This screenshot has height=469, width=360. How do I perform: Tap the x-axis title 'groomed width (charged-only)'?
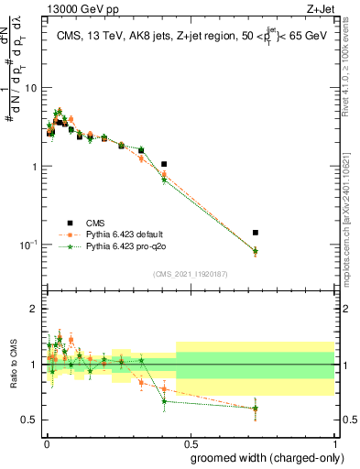(263, 457)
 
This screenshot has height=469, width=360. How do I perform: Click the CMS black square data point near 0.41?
(164, 164)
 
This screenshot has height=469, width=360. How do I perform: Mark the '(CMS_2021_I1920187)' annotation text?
(191, 274)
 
